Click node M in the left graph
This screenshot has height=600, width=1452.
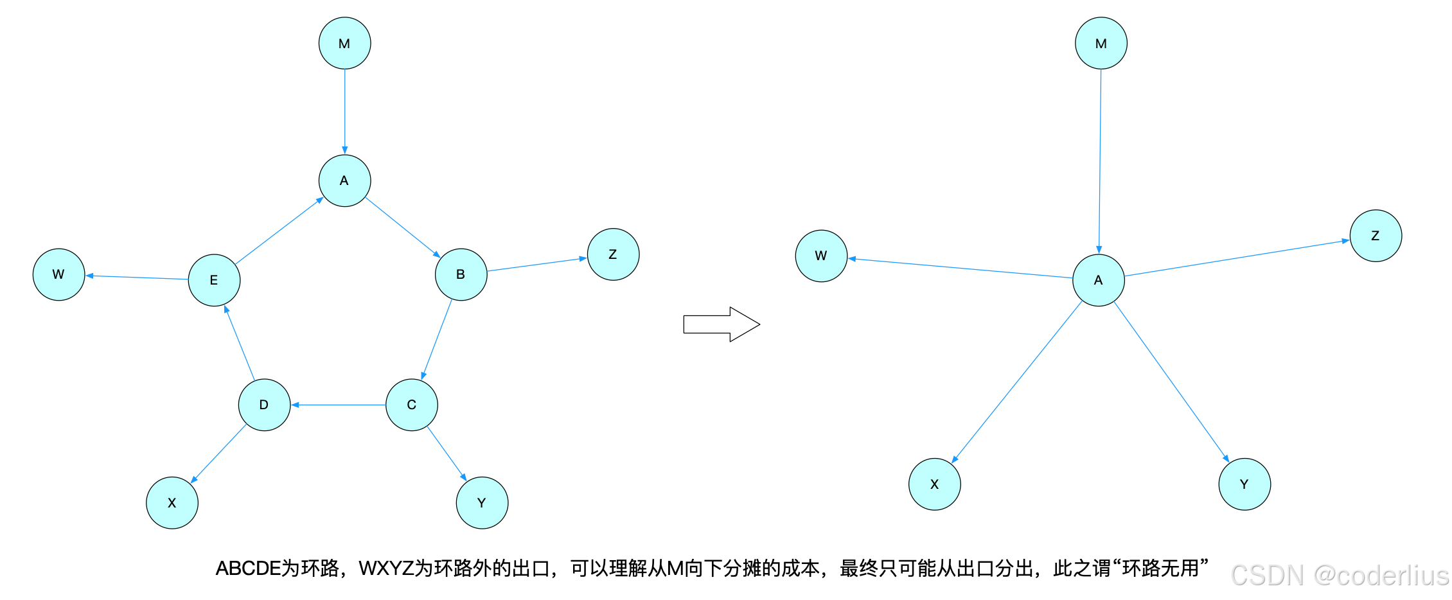click(344, 43)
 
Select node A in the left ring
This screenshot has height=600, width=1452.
click(344, 181)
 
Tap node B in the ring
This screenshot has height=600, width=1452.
click(461, 274)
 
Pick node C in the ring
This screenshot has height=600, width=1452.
click(411, 405)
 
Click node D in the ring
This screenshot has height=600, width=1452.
click(264, 405)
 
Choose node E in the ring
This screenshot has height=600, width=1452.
click(214, 280)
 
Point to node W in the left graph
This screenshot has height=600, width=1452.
click(58, 274)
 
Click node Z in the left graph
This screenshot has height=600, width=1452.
click(613, 254)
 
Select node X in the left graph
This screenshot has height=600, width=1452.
click(172, 502)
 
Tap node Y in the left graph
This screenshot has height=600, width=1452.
click(482, 502)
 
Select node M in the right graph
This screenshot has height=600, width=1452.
click(1101, 43)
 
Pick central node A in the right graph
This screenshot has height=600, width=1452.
click(1098, 280)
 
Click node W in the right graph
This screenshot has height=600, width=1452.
click(821, 256)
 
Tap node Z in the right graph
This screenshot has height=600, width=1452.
click(1376, 236)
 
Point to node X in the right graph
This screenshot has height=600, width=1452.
click(934, 484)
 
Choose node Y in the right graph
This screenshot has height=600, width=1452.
click(1244, 484)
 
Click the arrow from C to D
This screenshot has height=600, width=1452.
click(338, 405)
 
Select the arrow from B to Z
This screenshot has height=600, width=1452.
click(537, 264)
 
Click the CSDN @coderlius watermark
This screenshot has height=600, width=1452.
click(1339, 575)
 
